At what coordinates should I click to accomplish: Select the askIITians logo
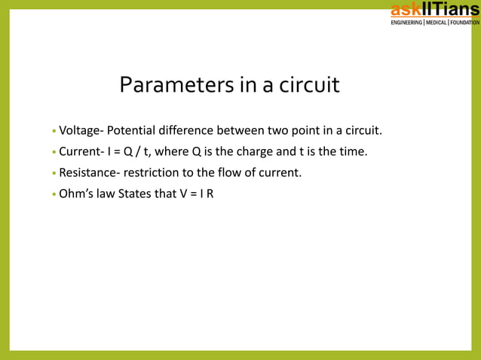point(434,10)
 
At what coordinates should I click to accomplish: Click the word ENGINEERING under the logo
point(406,23)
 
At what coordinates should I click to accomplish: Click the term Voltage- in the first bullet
point(81,132)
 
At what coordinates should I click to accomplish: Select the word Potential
point(133,132)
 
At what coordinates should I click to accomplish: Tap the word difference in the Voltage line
point(188,132)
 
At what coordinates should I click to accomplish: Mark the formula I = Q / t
point(129,152)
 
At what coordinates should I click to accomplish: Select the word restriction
point(151,172)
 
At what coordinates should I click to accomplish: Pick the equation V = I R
point(195,193)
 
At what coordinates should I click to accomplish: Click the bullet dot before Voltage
point(54,133)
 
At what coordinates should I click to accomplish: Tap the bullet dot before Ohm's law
point(54,194)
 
